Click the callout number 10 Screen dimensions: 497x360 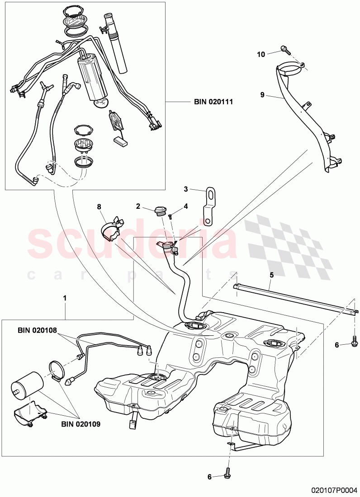point(261,54)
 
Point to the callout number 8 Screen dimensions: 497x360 point(99,207)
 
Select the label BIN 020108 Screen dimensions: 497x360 point(38,330)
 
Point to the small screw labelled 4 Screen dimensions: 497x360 point(171,216)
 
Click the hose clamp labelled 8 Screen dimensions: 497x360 point(111,227)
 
